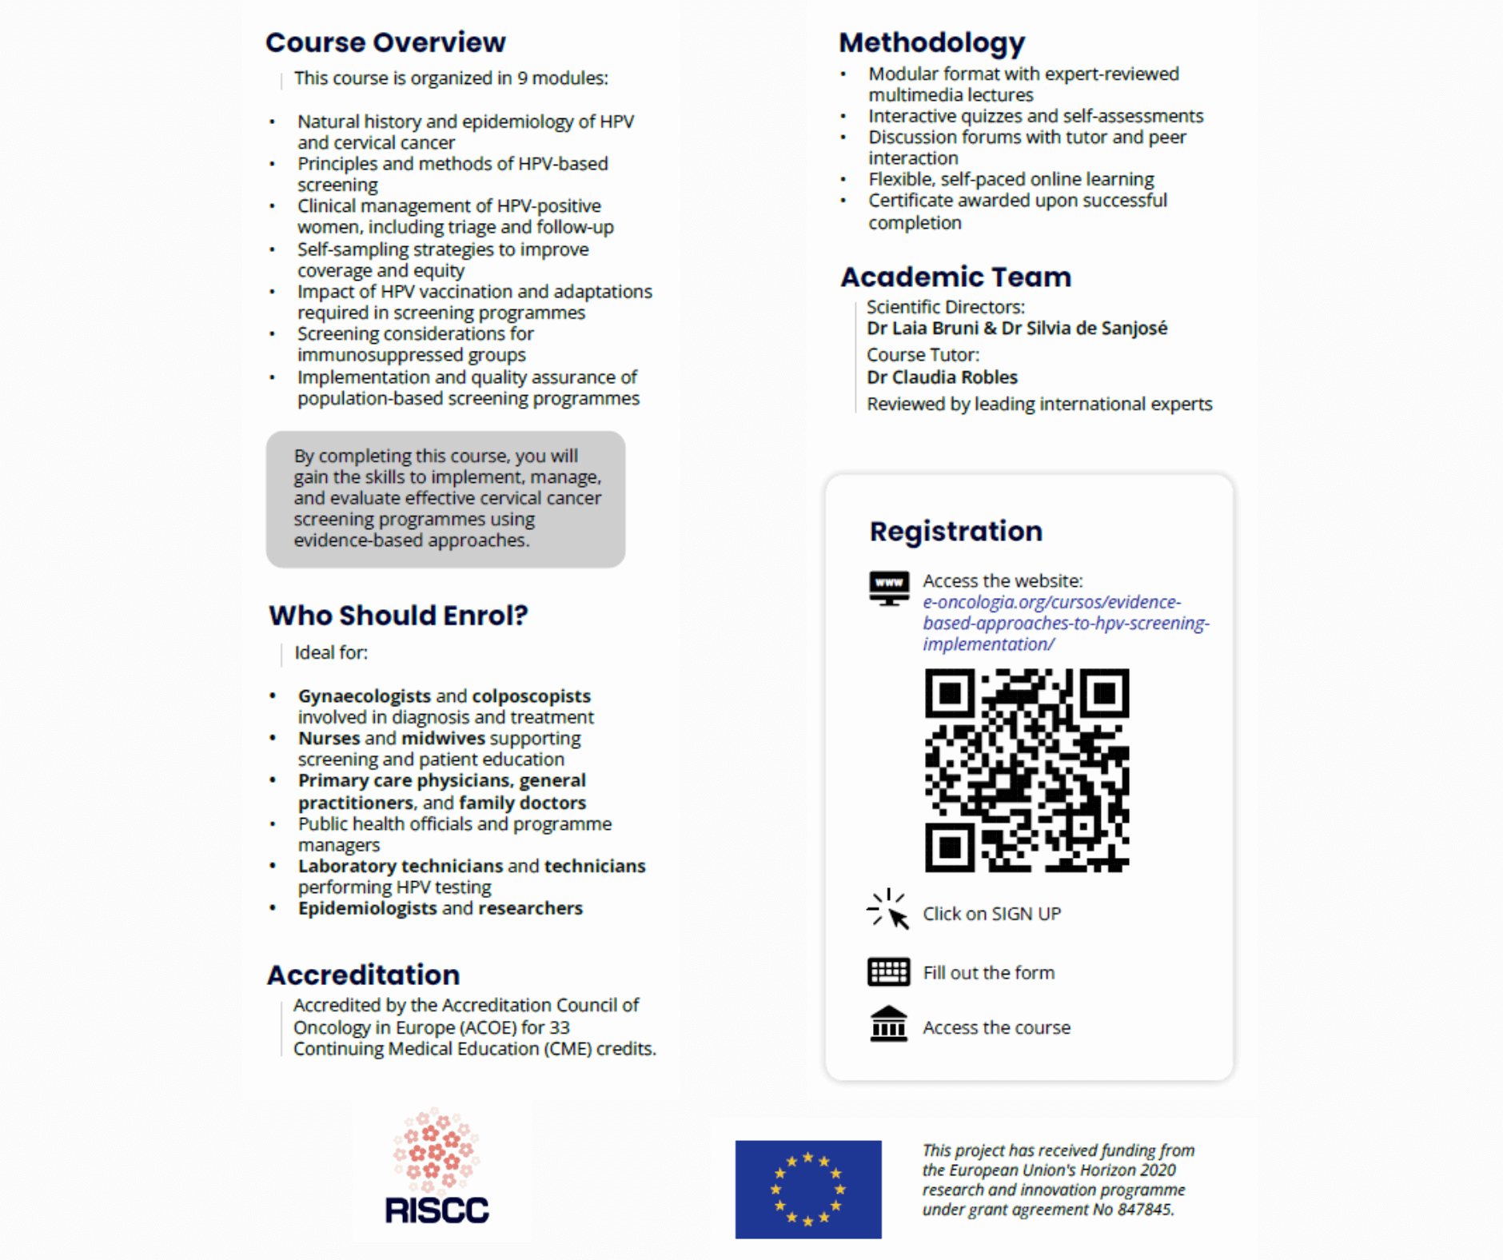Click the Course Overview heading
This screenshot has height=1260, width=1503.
385,42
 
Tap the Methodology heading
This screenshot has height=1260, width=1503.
931,42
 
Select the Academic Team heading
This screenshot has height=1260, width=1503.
955,277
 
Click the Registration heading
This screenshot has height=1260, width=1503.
955,531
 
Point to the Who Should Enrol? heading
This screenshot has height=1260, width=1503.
398,615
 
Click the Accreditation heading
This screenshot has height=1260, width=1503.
363,975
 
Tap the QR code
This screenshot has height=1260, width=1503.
1027,770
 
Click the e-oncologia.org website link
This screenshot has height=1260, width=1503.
1065,623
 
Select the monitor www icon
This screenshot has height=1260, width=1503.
888,588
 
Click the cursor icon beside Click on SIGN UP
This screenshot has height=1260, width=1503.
888,911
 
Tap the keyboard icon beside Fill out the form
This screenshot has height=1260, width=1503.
888,972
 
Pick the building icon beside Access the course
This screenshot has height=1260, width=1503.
888,1024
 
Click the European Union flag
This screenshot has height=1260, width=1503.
808,1189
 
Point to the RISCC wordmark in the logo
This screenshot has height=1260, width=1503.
437,1210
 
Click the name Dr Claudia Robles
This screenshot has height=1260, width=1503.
942,377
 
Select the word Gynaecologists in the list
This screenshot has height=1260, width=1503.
364,696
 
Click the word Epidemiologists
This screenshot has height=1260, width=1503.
367,908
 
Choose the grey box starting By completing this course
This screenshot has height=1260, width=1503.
445,499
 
